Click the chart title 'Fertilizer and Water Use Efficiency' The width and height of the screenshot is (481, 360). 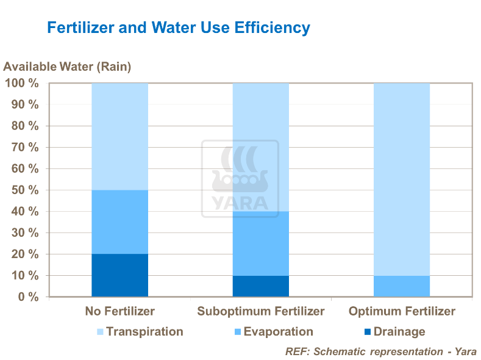[x=179, y=28]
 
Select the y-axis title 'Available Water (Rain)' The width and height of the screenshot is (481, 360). [x=68, y=67]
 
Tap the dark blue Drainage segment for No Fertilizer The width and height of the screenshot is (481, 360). [x=119, y=275]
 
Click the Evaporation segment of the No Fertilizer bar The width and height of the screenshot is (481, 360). [x=119, y=222]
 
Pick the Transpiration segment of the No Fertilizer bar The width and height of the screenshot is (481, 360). [x=119, y=137]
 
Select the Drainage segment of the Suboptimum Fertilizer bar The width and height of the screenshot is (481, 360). [x=260, y=286]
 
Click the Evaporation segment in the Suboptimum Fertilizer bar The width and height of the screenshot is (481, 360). [x=260, y=243]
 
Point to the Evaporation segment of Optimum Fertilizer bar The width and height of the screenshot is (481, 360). [x=401, y=286]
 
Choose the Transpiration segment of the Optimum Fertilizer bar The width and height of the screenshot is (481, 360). [x=401, y=179]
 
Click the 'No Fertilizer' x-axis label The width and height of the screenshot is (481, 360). [x=119, y=312]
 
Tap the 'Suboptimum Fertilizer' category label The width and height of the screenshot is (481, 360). [x=260, y=312]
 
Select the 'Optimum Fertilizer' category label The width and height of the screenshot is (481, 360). [x=402, y=312]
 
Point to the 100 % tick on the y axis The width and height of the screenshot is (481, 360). [x=22, y=84]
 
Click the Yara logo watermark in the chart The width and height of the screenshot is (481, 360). [x=240, y=179]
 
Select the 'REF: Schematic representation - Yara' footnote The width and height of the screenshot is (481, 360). [x=380, y=351]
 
